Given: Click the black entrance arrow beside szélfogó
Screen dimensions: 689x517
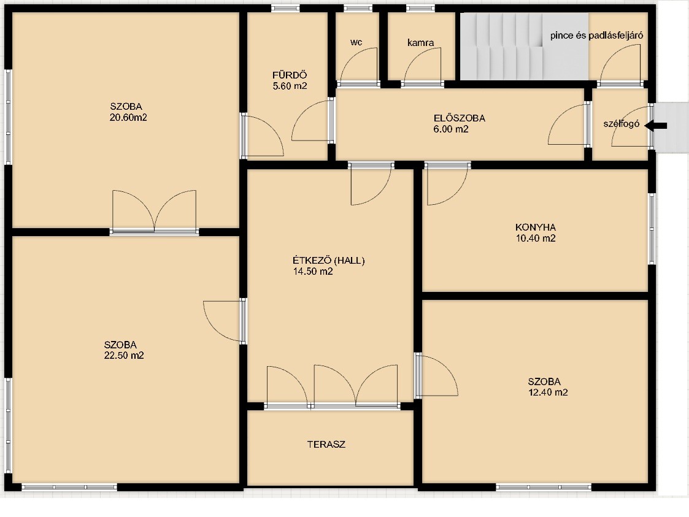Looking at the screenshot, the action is [656, 126].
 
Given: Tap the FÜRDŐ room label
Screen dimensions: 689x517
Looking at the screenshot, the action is [290, 75].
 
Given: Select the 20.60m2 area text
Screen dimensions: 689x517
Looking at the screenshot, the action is [128, 117].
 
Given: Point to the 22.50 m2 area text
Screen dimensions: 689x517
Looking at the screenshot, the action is [124, 355].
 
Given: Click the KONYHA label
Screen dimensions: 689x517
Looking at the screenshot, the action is [536, 227].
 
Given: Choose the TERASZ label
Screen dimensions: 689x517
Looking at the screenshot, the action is [326, 444].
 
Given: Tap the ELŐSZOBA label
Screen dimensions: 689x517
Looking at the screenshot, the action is [459, 118].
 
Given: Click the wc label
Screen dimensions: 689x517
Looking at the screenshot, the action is [356, 42].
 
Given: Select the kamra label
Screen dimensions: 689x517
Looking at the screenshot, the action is [420, 42].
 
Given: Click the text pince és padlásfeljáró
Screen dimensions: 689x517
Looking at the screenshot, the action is [597, 35].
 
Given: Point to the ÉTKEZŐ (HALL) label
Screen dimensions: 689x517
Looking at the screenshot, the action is [329, 261].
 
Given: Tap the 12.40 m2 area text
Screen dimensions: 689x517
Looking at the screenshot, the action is [548, 393].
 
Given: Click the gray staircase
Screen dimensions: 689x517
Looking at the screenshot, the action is [524, 46].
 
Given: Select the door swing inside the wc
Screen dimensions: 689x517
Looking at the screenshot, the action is [358, 66].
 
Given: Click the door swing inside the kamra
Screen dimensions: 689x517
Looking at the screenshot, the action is [422, 66].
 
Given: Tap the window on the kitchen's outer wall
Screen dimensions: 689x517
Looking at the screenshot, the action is [652, 228].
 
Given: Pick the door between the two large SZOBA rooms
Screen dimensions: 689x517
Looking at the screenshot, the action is [154, 212].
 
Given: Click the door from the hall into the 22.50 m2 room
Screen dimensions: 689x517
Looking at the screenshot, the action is [225, 321].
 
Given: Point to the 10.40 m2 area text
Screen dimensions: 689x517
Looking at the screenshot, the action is [536, 238].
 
